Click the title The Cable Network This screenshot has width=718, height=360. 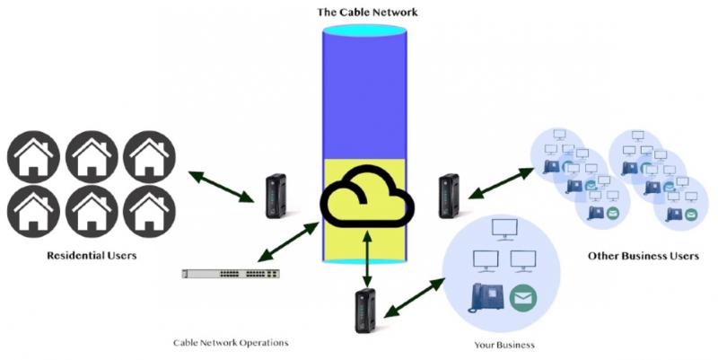368,13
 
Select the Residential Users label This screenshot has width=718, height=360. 92,256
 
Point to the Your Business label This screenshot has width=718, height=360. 503,344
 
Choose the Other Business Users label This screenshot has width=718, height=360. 643,256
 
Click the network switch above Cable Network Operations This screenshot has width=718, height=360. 229,272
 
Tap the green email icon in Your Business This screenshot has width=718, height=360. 521,299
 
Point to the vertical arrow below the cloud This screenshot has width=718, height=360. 368,259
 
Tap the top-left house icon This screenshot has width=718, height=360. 33,158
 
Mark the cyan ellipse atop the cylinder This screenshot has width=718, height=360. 368,31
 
